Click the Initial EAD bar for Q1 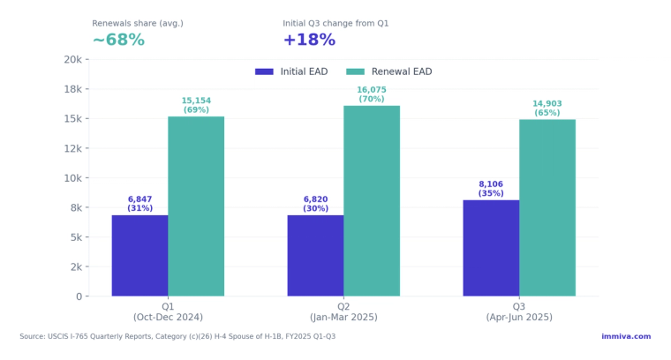tap(139, 256)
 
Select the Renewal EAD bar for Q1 tap(196, 206)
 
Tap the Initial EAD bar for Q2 tap(315, 256)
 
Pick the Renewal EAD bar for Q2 tap(372, 201)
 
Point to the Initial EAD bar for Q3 tap(491, 248)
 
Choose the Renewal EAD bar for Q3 tap(547, 208)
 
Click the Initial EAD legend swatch tap(264, 71)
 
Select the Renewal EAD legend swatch tap(355, 71)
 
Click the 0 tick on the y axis tap(78, 296)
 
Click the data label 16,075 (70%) tap(372, 94)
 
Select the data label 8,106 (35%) tap(491, 189)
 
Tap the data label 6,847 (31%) tap(139, 204)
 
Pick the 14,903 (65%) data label tap(547, 109)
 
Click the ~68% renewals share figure tap(118, 41)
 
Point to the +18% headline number tap(309, 41)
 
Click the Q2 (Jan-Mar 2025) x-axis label tap(343, 311)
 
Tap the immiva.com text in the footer tap(626, 336)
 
